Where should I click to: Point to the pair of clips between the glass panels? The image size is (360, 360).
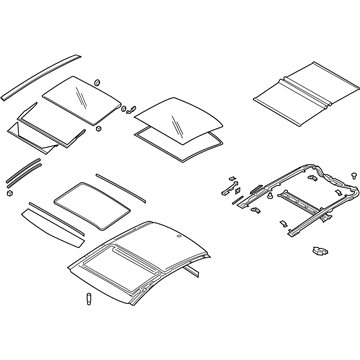pyautogui.click(x=126, y=107)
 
